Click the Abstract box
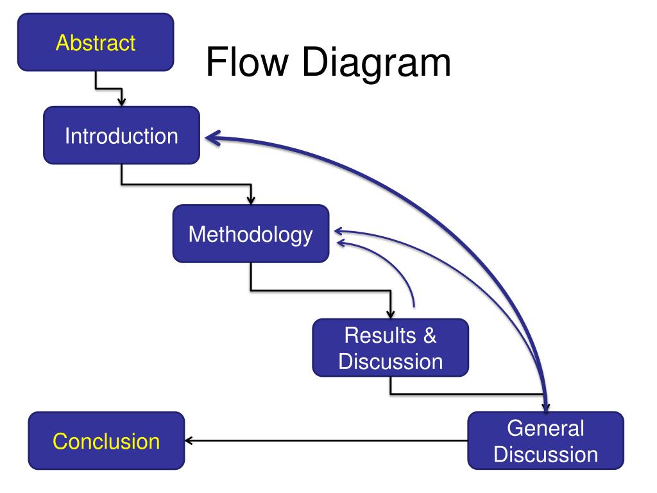click(x=96, y=42)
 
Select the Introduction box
click(x=121, y=135)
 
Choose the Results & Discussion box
click(x=390, y=348)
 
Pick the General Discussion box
click(x=545, y=441)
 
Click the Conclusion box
click(x=106, y=441)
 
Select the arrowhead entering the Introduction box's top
click(x=121, y=101)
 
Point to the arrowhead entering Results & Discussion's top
click(x=390, y=315)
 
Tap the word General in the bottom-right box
click(x=545, y=428)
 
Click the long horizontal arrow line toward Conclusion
click(x=327, y=441)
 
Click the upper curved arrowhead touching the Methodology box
click(x=339, y=230)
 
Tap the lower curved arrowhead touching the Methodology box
click(x=341, y=243)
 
